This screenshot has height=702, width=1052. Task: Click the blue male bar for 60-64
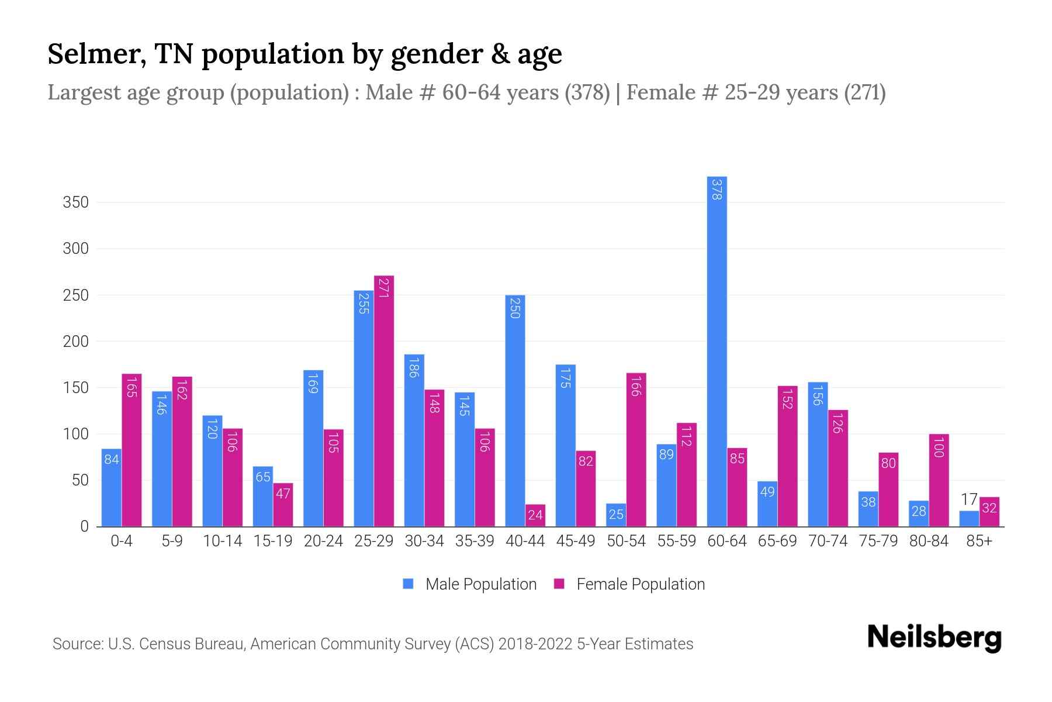(x=717, y=351)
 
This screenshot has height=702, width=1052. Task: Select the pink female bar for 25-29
(x=384, y=401)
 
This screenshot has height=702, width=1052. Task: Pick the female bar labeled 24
(x=535, y=515)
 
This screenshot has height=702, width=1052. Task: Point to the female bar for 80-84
(x=939, y=480)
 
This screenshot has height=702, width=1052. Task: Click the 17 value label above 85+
(x=969, y=500)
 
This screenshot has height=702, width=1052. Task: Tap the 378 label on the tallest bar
(x=717, y=190)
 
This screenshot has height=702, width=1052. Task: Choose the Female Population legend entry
(x=629, y=584)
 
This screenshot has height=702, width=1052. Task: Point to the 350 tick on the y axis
(x=75, y=202)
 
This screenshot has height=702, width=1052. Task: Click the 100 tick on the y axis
(x=75, y=434)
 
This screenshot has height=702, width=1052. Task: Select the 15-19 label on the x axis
(x=273, y=541)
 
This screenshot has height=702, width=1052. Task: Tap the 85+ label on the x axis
(x=979, y=541)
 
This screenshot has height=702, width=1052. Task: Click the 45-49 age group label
(x=576, y=541)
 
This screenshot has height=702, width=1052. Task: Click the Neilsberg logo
(x=934, y=638)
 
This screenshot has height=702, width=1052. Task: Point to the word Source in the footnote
(x=78, y=644)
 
